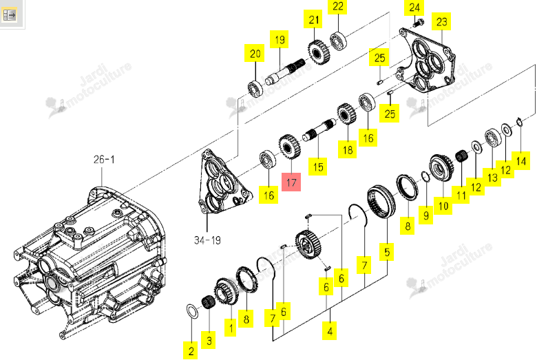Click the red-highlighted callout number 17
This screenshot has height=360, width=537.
[291, 182]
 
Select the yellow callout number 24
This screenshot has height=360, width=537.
[414, 8]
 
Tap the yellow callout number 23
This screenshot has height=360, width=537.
[441, 21]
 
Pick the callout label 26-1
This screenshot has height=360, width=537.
[104, 160]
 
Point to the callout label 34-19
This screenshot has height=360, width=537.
[207, 240]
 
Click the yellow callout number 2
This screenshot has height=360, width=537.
[191, 350]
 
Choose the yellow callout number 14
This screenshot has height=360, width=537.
[521, 161]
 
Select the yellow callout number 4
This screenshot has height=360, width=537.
[330, 331]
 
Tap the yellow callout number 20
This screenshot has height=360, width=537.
[255, 53]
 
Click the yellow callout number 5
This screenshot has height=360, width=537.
[387, 252]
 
